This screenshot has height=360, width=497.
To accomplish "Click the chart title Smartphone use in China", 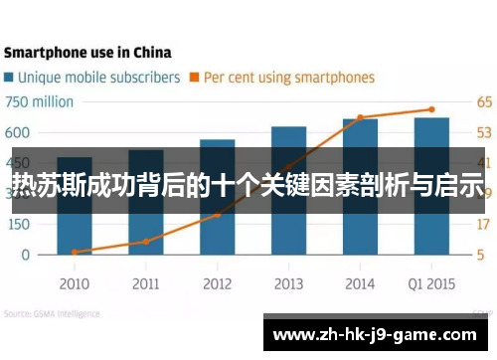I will (87, 52).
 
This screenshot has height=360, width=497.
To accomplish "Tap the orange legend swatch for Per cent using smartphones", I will (195, 77).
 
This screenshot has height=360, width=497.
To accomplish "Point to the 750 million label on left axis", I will (40, 101).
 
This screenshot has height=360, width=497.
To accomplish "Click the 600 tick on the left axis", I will (18, 132).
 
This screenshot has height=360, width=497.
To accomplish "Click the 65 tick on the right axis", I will (484, 101).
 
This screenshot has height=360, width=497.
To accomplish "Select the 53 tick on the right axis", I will (484, 132).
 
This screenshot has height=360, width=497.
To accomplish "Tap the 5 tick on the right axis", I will (480, 255).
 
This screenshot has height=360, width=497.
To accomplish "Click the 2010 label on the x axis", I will (74, 283).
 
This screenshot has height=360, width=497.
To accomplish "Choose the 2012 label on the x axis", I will (217, 283).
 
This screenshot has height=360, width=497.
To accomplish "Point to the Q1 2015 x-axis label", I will (431, 283).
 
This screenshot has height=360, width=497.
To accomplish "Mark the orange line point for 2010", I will (75, 252).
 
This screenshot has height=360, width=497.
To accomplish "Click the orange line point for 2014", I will (360, 117).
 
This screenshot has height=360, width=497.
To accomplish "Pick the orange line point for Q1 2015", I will (431, 109).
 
